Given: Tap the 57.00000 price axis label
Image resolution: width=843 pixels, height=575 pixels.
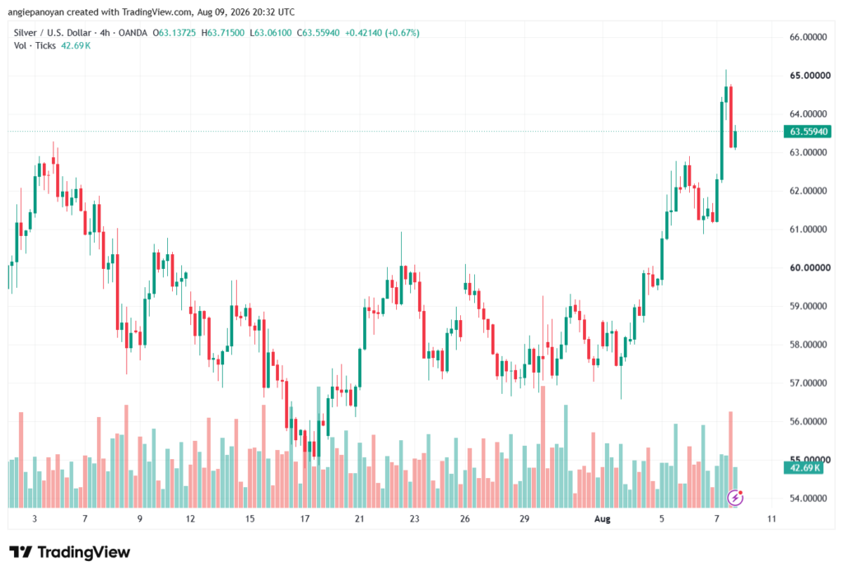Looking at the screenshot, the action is [x=808, y=383].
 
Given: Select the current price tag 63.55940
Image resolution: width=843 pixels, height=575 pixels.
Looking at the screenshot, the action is [x=808, y=132].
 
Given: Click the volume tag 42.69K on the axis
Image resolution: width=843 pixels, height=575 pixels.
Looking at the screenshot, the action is [x=803, y=468].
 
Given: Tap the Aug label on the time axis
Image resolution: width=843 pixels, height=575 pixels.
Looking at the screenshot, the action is [x=602, y=519].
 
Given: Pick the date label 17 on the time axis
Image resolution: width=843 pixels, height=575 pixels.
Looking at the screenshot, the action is [x=305, y=519].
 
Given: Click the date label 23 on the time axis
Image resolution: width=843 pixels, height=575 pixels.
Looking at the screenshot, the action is [x=414, y=519].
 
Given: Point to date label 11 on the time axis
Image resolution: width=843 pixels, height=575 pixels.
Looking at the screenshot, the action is [x=771, y=519].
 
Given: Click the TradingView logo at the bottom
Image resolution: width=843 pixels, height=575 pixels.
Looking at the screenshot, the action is [x=70, y=553].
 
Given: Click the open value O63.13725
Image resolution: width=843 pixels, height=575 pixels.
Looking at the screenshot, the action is [x=175, y=33].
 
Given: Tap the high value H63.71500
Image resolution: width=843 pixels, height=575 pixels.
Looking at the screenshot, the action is [x=222, y=33].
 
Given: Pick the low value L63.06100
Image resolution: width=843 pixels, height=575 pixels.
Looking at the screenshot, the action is [x=270, y=33].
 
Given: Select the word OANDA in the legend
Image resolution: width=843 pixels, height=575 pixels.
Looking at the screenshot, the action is [x=133, y=33].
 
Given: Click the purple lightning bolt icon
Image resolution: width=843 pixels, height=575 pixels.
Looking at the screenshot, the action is [x=735, y=498].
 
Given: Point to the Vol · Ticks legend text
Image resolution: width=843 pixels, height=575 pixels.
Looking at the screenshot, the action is [x=35, y=46].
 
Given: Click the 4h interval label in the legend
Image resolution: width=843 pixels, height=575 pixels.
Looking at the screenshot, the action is [x=105, y=33].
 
